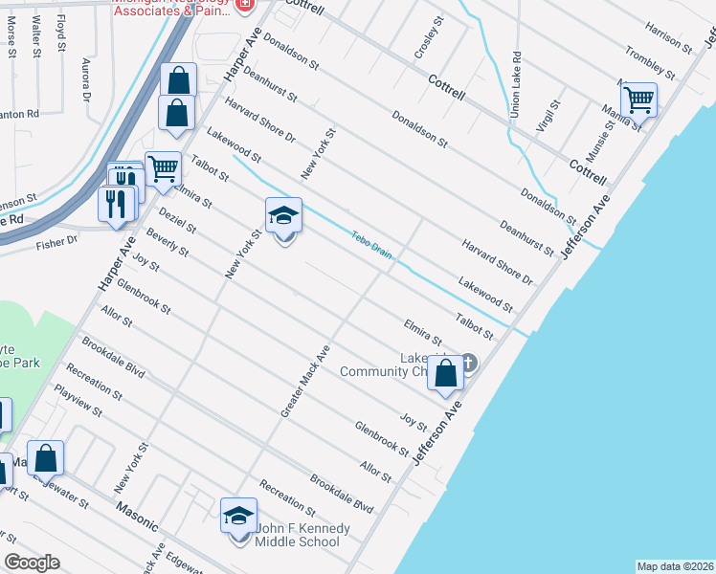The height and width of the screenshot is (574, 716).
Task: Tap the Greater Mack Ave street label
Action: [x=305, y=381]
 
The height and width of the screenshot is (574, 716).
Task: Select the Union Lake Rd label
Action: [x=515, y=85]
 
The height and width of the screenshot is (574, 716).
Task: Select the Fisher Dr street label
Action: [x=56, y=243]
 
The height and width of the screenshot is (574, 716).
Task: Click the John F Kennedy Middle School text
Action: [x=297, y=535]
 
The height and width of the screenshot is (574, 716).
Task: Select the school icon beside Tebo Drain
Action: [x=283, y=215]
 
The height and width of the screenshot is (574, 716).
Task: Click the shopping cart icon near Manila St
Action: [x=638, y=99]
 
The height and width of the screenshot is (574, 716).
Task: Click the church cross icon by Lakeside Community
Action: [x=468, y=362]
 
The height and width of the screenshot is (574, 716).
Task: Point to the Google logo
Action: [x=33, y=563]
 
